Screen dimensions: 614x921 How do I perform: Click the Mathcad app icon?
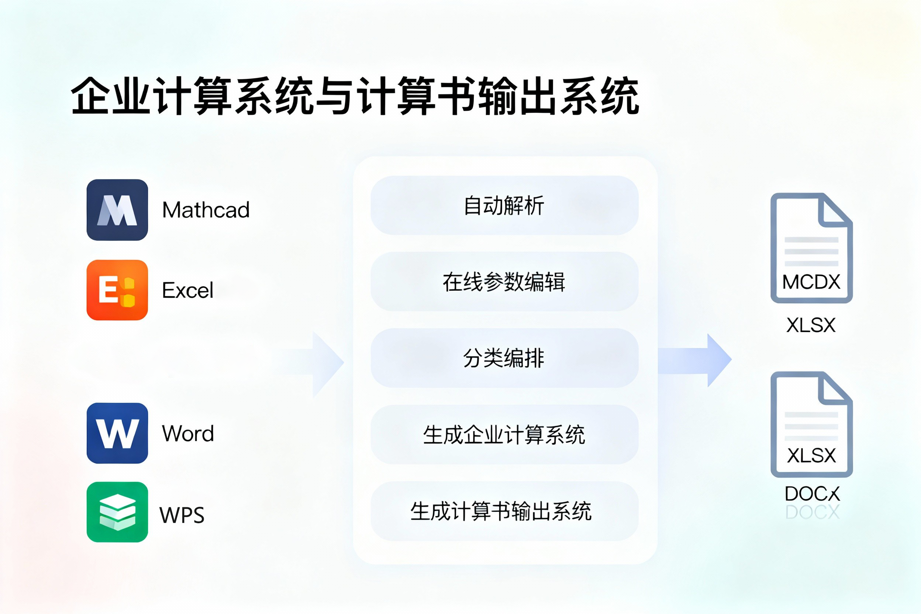pyautogui.click(x=117, y=210)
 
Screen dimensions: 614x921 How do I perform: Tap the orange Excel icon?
pyautogui.click(x=117, y=290)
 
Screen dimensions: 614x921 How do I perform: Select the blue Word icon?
pyautogui.click(x=117, y=433)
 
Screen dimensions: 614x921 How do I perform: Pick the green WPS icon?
pyautogui.click(x=117, y=512)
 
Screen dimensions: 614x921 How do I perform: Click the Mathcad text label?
pyautogui.click(x=206, y=210)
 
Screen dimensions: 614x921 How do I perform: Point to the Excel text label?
pyautogui.click(x=187, y=290)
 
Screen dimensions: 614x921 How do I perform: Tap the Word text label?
pyautogui.click(x=188, y=434)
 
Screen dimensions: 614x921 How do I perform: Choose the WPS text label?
pyautogui.click(x=182, y=515)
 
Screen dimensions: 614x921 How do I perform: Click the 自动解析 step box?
pyautogui.click(x=504, y=206)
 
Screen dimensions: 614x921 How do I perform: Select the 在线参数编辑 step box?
pyautogui.click(x=504, y=282)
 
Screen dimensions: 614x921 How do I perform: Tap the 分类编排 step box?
pyautogui.click(x=504, y=358)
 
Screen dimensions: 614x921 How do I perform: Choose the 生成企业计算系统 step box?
pyautogui.click(x=504, y=435)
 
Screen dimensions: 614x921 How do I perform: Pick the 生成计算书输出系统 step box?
pyautogui.click(x=504, y=511)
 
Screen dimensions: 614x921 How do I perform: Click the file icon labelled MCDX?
pyautogui.click(x=811, y=248)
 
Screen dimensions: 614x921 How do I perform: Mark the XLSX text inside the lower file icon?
pyautogui.click(x=811, y=455)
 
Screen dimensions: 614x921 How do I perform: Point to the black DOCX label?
pyautogui.click(x=812, y=494)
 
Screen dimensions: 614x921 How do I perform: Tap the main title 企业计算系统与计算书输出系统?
pyautogui.click(x=355, y=96)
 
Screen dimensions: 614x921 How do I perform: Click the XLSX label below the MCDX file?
pyautogui.click(x=811, y=325)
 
